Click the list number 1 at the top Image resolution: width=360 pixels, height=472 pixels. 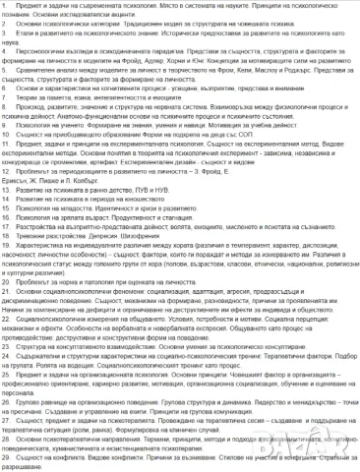(x=5, y=8)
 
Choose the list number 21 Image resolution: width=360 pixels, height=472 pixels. (x=6, y=292)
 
